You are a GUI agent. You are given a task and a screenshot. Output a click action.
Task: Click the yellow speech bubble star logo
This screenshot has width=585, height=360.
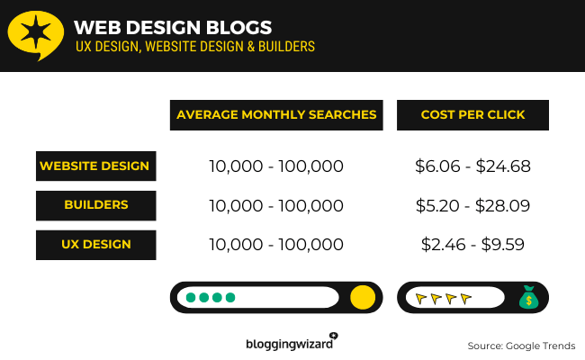(x=35, y=35)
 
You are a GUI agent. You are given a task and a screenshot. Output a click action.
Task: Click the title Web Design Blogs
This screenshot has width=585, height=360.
(x=173, y=28)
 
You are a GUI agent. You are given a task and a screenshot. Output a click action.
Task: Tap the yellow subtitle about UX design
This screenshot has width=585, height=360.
(x=195, y=47)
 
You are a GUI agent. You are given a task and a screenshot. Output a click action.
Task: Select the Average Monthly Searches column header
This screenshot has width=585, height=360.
(x=276, y=115)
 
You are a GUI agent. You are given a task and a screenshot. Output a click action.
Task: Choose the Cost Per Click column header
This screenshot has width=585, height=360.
(x=472, y=115)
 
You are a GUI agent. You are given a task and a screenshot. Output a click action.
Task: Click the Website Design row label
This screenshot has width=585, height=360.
(x=96, y=166)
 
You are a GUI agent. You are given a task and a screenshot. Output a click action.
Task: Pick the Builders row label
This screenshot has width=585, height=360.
(x=96, y=205)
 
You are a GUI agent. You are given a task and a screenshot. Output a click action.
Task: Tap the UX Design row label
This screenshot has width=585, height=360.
(x=96, y=245)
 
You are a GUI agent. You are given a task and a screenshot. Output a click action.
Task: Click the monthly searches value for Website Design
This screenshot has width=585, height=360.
(x=276, y=166)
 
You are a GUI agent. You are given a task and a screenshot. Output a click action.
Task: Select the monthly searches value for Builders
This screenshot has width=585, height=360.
(x=276, y=206)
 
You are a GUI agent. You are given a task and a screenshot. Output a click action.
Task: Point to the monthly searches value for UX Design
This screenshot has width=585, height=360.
(x=276, y=245)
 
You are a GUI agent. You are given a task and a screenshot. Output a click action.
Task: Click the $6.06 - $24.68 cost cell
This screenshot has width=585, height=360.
(x=472, y=166)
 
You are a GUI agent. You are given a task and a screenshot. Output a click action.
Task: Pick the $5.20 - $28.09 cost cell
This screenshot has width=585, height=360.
(x=472, y=206)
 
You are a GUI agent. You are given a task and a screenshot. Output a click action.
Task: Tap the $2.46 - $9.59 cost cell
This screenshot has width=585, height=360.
(x=472, y=245)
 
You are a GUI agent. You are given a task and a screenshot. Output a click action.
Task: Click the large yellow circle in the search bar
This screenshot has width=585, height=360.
(x=363, y=297)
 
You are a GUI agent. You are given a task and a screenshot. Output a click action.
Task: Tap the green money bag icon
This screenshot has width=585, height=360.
(x=528, y=297)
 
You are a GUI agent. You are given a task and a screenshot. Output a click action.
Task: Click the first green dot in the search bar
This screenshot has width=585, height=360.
(x=191, y=297)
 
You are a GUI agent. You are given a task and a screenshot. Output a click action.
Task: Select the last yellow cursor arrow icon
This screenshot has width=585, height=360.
(x=466, y=299)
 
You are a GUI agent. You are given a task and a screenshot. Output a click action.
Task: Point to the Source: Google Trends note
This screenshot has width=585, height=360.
(x=521, y=346)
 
